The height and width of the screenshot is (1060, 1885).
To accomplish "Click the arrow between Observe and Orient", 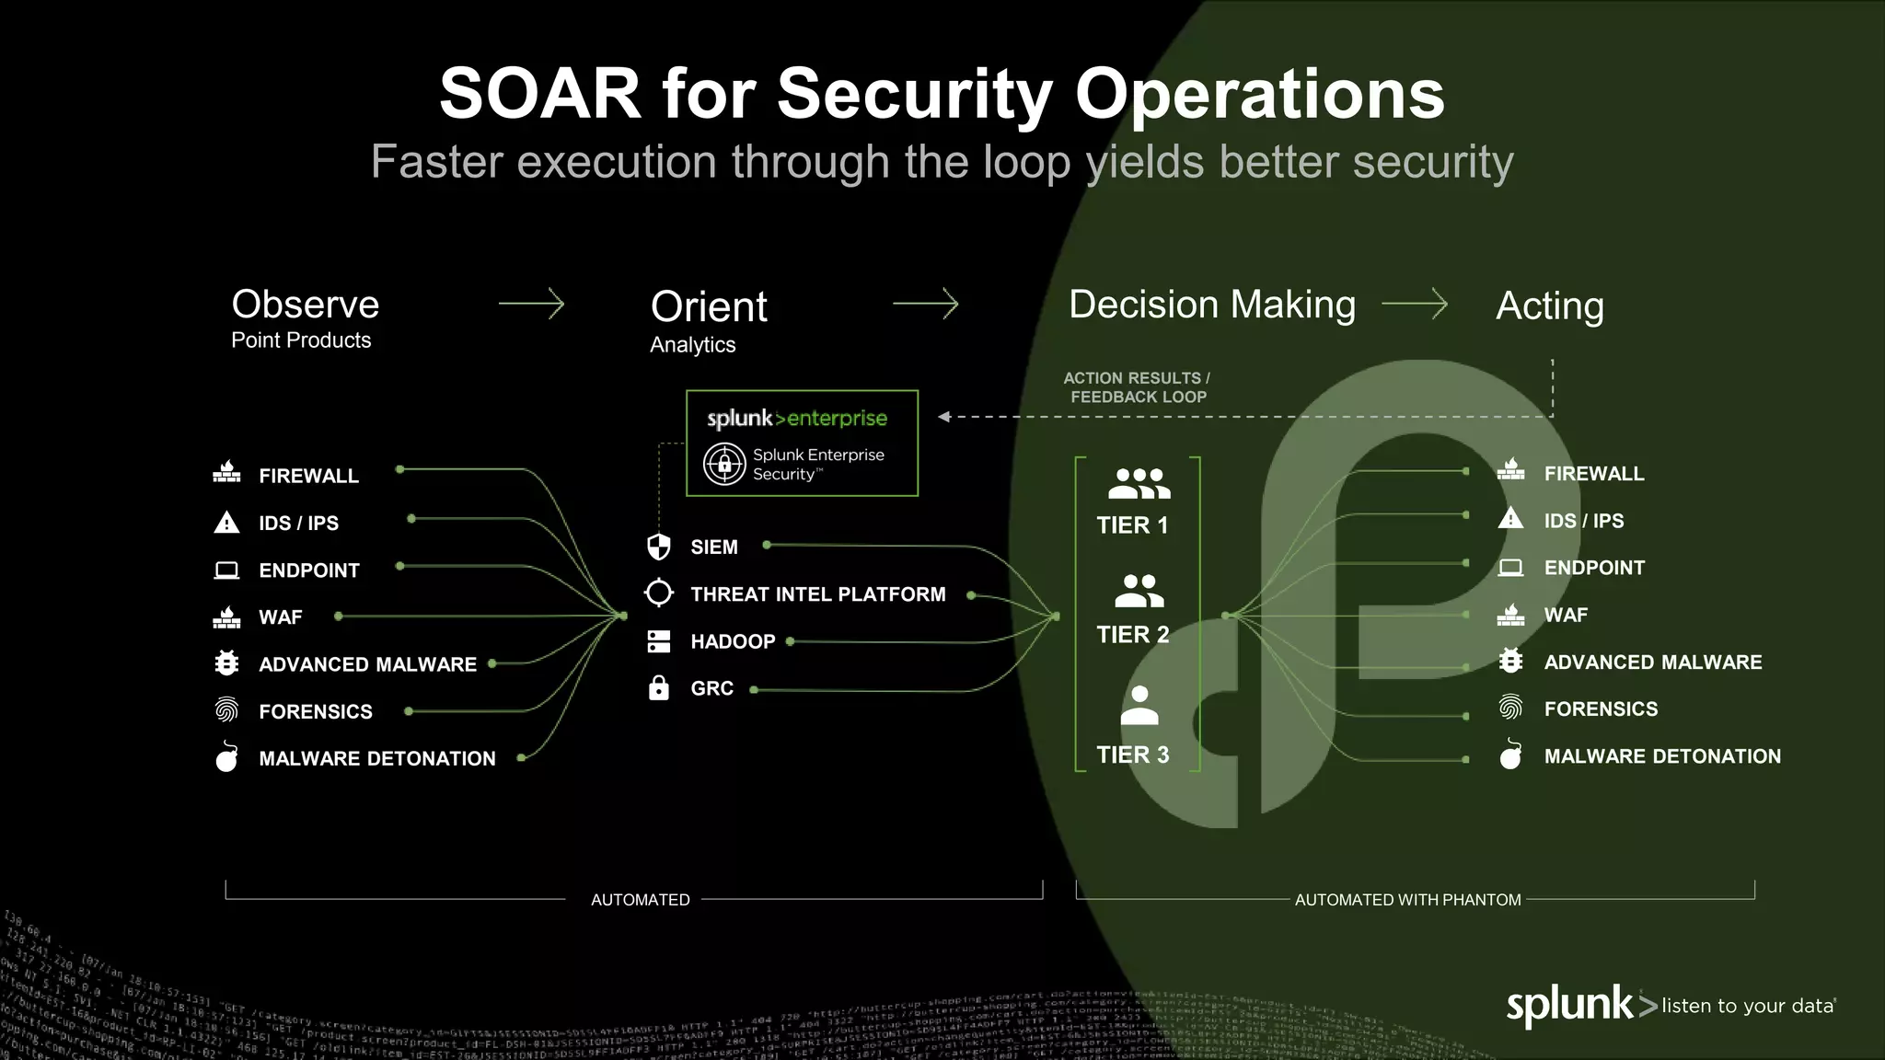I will (531, 304).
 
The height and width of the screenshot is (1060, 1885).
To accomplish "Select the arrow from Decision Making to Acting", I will (1415, 304).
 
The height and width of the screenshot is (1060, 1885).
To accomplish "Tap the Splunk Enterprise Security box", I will (802, 444).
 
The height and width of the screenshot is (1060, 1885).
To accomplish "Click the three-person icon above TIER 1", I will (1139, 483).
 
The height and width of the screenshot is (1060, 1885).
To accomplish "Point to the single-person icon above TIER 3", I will (1139, 706).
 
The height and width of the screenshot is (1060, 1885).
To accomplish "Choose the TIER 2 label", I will (1133, 635).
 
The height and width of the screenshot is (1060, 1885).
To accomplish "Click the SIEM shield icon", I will (659, 547).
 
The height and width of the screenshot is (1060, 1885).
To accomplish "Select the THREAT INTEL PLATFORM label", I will (818, 594).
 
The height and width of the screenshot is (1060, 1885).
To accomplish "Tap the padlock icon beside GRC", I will (659, 687).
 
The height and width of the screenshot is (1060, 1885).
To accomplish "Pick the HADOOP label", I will (733, 641).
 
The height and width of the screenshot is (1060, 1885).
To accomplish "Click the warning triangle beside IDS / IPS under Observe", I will (226, 523).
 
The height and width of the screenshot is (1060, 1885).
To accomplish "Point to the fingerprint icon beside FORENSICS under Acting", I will (1510, 708).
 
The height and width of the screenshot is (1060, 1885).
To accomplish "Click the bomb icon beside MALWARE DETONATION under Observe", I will (226, 757).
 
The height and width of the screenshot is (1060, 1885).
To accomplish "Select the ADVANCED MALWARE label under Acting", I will (1653, 662).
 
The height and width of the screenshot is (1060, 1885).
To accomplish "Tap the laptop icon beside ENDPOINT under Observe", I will (226, 570).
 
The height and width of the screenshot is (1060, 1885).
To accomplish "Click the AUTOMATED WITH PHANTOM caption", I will (1407, 900).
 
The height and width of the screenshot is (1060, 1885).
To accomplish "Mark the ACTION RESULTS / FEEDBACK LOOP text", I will (1138, 387).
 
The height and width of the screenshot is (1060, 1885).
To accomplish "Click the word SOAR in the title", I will (539, 94).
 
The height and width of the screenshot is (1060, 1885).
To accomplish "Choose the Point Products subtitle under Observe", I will (301, 340).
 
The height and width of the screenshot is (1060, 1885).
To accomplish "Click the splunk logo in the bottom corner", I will (1570, 1005).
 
